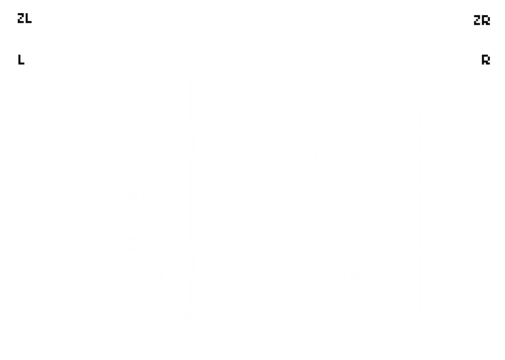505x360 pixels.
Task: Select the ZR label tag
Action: pos(481,20)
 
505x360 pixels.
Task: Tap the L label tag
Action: pos(22,60)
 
